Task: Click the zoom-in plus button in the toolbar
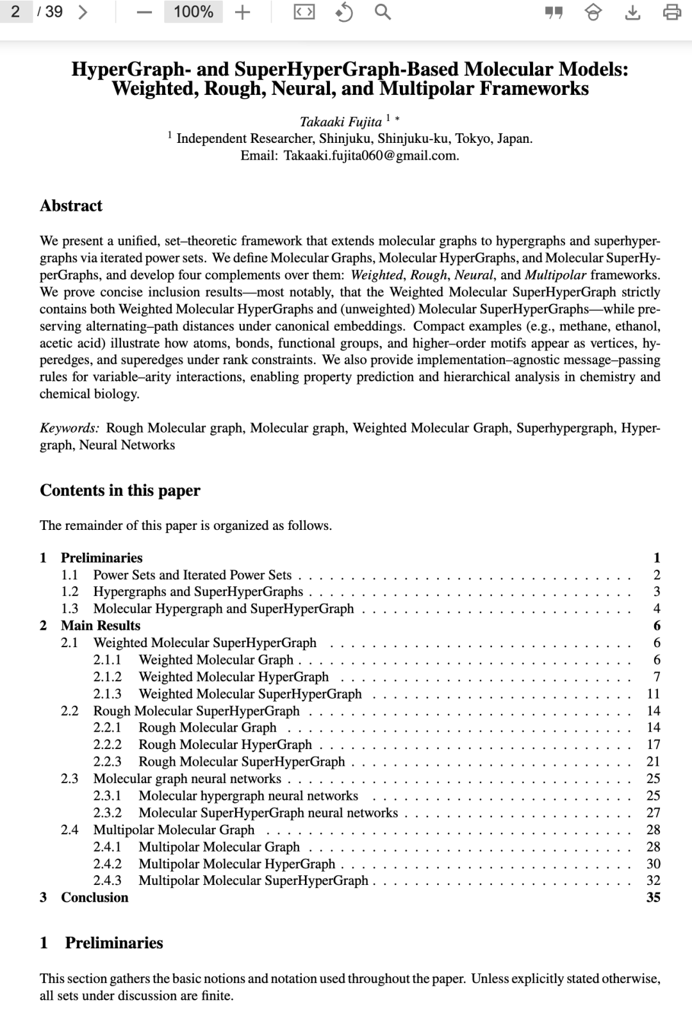click(242, 12)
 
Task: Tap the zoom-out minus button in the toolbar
click(145, 12)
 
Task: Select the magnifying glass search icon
click(383, 12)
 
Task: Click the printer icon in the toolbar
click(671, 12)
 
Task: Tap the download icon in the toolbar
click(632, 12)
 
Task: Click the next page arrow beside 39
click(82, 12)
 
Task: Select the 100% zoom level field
click(194, 12)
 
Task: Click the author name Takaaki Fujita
click(341, 121)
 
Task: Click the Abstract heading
click(71, 206)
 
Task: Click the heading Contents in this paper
click(120, 490)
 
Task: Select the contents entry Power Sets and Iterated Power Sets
click(192, 575)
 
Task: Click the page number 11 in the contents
click(653, 693)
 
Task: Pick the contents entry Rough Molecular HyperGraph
click(225, 744)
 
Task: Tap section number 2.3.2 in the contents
click(107, 812)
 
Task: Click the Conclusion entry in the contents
click(94, 897)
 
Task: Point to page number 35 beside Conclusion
click(653, 897)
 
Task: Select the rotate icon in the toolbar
click(344, 12)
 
